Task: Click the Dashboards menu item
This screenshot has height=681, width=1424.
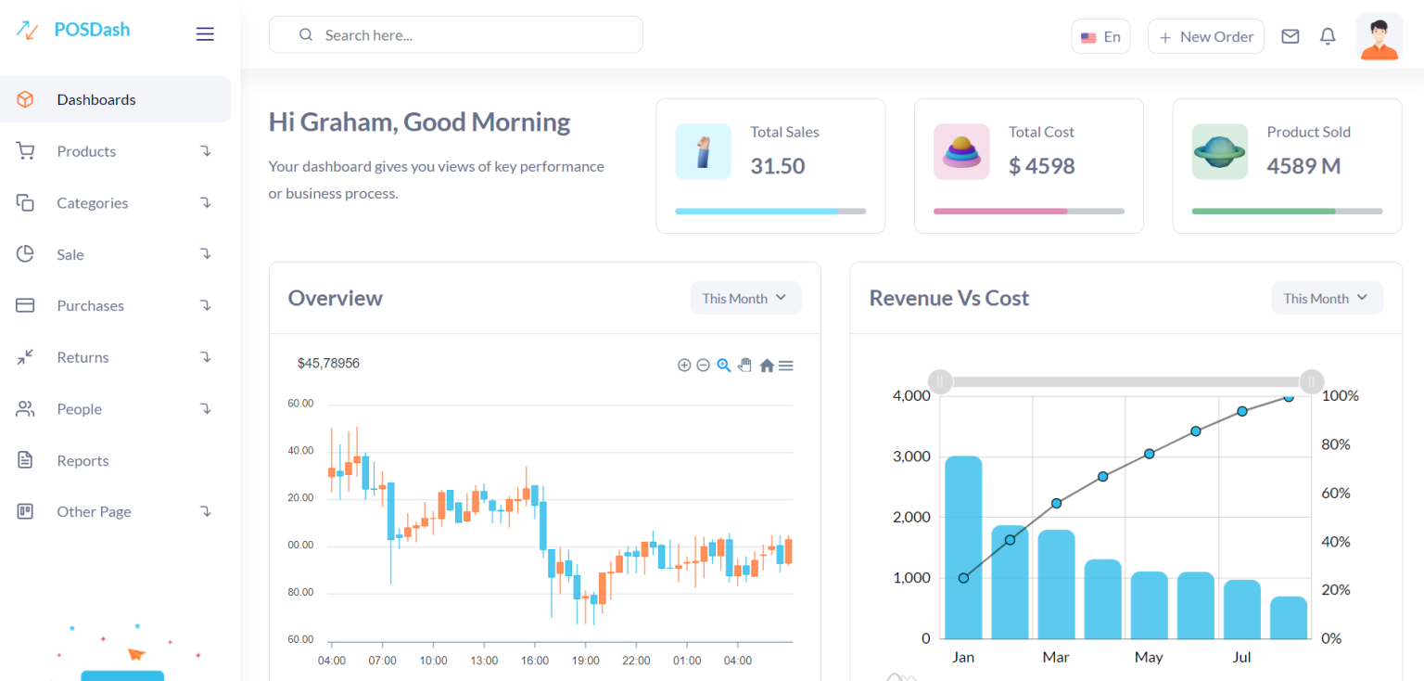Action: [96, 99]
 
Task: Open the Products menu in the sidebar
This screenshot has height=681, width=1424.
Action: [86, 151]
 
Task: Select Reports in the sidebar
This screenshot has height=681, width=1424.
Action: [83, 460]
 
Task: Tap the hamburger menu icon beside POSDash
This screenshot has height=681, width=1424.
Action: [205, 34]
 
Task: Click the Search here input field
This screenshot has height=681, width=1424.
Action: [456, 35]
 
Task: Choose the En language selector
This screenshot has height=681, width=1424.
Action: [1100, 37]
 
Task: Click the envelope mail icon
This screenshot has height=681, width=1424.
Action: [1290, 36]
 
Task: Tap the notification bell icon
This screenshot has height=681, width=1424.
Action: [1328, 36]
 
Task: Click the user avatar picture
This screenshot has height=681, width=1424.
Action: [1379, 37]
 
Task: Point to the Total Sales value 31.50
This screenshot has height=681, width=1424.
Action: [777, 166]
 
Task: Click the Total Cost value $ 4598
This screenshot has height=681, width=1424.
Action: [1041, 166]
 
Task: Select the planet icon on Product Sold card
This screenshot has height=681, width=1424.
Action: [1219, 151]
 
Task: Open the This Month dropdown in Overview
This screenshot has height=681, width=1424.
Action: [745, 298]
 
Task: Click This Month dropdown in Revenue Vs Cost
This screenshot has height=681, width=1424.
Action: [1327, 298]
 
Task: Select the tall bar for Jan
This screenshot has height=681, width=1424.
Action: [963, 547]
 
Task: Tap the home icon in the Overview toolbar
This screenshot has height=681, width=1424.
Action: [767, 366]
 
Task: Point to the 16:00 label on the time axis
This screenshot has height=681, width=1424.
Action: [535, 661]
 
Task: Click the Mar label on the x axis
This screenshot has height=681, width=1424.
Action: [1055, 657]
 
